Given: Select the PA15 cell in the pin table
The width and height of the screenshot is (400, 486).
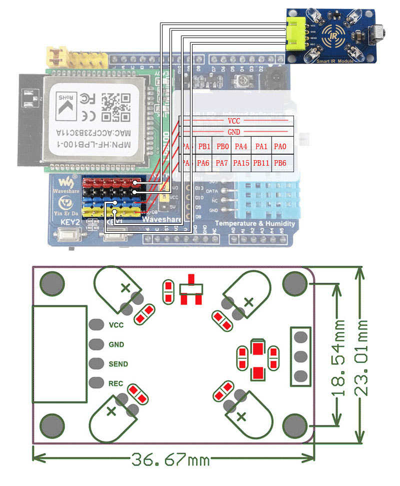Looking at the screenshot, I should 241,163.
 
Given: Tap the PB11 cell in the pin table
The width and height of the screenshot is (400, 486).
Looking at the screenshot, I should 261,163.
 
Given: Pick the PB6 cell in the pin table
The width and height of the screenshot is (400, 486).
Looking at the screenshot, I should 280,163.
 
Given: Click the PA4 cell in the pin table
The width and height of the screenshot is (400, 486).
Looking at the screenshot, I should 241,146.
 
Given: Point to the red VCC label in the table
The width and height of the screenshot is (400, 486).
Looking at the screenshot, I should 233,121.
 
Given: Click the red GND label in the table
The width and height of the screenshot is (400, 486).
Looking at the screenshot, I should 233,132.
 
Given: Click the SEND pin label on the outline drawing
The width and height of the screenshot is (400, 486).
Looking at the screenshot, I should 118,364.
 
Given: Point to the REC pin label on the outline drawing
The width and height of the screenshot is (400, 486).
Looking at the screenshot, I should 116,384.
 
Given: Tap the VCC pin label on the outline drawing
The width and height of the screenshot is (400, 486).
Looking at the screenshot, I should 116,325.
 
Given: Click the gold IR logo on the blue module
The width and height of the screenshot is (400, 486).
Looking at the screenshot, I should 333,35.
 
